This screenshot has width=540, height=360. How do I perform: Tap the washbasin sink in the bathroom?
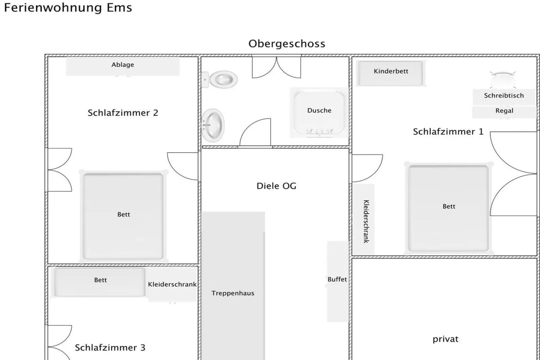(x=213, y=125)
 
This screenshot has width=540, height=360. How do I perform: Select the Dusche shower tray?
(x=319, y=112)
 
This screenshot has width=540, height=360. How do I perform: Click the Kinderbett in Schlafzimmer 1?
(x=390, y=73)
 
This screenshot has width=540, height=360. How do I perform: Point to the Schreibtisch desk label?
(x=504, y=96)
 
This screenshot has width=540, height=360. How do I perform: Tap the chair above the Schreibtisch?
(x=502, y=79)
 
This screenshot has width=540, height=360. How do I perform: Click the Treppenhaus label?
(x=233, y=293)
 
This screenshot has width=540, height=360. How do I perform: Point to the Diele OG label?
(x=276, y=186)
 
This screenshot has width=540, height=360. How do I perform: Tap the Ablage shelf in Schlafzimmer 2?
(x=122, y=66)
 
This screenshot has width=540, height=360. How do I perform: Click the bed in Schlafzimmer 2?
(x=123, y=216)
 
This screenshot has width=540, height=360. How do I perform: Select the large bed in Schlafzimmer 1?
(x=449, y=208)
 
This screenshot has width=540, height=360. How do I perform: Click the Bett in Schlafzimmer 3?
(x=100, y=282)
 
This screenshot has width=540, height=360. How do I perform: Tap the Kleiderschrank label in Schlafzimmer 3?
(x=172, y=285)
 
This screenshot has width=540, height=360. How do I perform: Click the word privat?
(x=445, y=339)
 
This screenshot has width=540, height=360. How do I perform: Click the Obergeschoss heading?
(x=287, y=44)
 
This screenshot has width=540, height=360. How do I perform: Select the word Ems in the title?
(x=119, y=7)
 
